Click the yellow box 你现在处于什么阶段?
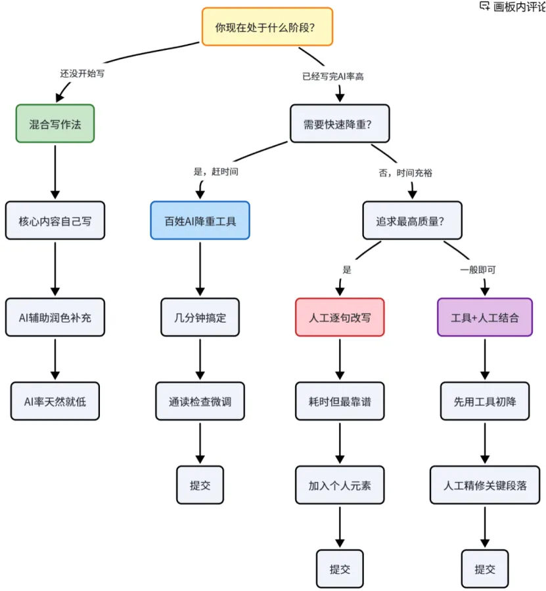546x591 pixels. click(x=267, y=27)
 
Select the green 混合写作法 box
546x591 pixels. click(x=55, y=123)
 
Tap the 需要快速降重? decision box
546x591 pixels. click(x=340, y=123)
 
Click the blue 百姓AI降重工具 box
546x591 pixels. click(x=200, y=220)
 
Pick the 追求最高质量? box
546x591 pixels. click(x=413, y=220)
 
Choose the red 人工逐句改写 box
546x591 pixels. click(x=340, y=317)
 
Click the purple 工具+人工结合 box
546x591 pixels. click(x=485, y=317)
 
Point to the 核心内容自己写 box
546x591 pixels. click(x=55, y=220)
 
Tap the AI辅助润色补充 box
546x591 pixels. click(x=55, y=317)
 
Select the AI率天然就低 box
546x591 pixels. click(x=55, y=401)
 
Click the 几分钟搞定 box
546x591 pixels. click(x=200, y=317)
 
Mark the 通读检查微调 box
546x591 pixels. click(x=200, y=401)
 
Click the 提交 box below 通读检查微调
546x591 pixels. click(x=200, y=485)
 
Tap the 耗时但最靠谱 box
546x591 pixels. click(x=340, y=401)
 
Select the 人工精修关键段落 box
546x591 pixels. click(x=485, y=485)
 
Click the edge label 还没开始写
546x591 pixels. click(x=82, y=73)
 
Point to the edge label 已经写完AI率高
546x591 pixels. click(x=333, y=77)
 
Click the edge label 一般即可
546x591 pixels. click(x=478, y=270)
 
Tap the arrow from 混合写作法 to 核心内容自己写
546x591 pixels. click(x=55, y=172)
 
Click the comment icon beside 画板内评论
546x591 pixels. click(x=484, y=6)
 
